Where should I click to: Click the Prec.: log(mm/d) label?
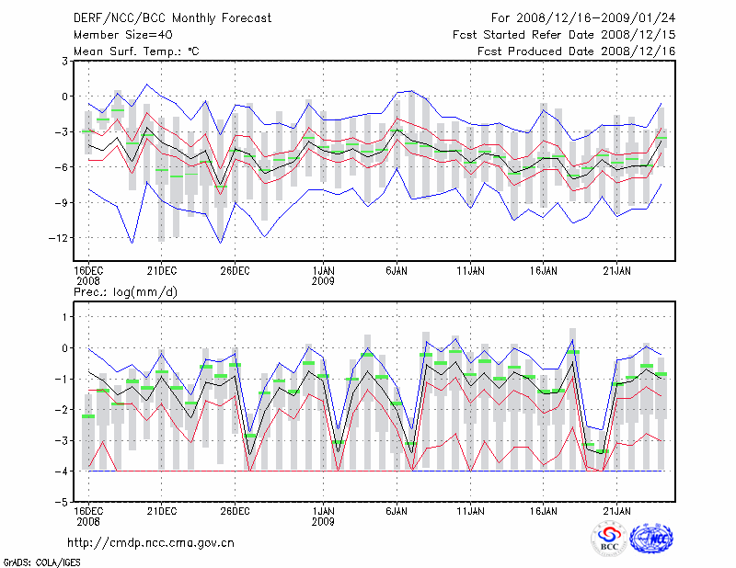point(123,291)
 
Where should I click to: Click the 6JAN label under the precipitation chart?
point(397,510)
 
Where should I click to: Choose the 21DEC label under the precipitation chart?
point(161,510)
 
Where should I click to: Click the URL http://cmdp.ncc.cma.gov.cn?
point(151,543)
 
